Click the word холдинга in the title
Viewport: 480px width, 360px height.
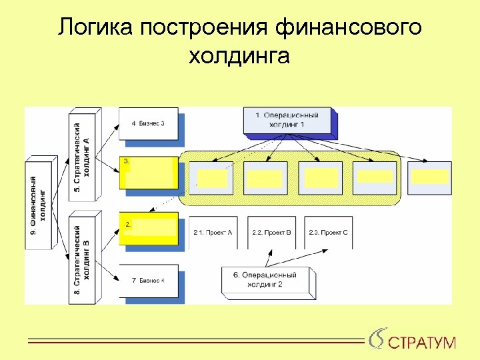(x=239, y=56)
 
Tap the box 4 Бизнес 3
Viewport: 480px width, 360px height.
(x=148, y=123)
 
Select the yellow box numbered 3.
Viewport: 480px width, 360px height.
(x=149, y=173)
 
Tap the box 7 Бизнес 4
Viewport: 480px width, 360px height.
(x=148, y=280)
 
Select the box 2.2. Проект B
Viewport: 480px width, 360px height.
(x=271, y=232)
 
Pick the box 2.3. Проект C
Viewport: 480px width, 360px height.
(x=328, y=232)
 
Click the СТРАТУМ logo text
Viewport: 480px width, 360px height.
(x=422, y=343)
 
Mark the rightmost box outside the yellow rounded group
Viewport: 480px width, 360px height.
(x=429, y=177)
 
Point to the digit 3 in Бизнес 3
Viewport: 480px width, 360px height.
(x=163, y=123)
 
